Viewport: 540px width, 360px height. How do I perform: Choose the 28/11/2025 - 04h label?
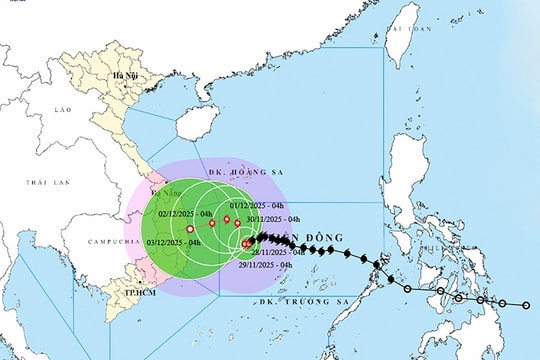[x=285, y=252]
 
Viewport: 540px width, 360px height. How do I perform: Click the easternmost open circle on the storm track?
[x=527, y=304]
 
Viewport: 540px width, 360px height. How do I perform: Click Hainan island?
[x=193, y=125]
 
